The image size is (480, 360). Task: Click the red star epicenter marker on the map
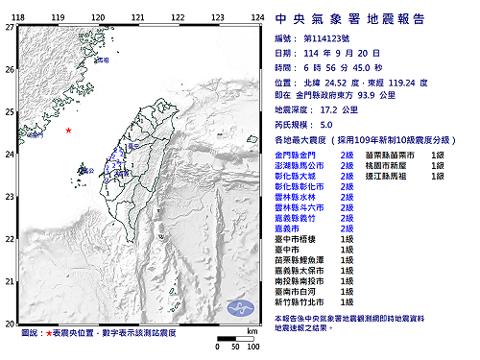pyautogui.click(x=68, y=130)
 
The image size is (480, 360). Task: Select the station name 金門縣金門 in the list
pyautogui.click(x=296, y=155)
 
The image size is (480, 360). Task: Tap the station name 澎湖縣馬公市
pyautogui.click(x=300, y=166)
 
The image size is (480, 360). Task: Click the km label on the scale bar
pyautogui.click(x=252, y=332)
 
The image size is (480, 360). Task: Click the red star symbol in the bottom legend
pyautogui.click(x=49, y=333)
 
